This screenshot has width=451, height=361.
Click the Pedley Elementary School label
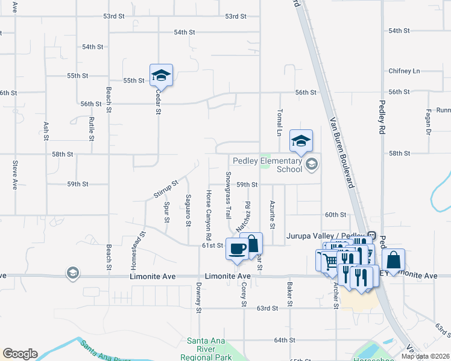(x=267, y=165)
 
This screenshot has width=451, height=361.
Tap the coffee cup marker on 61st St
(x=236, y=248)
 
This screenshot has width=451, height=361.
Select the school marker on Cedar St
(x=161, y=75)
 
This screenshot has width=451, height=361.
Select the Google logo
(x=20, y=354)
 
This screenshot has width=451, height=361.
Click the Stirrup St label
(x=166, y=189)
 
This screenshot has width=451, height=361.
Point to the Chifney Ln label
(x=403, y=71)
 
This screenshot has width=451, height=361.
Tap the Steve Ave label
(x=15, y=175)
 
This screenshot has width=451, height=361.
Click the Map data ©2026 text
(x=424, y=356)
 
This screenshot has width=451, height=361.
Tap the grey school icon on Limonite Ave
(x=73, y=274)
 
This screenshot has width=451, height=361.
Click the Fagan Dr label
(x=427, y=122)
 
